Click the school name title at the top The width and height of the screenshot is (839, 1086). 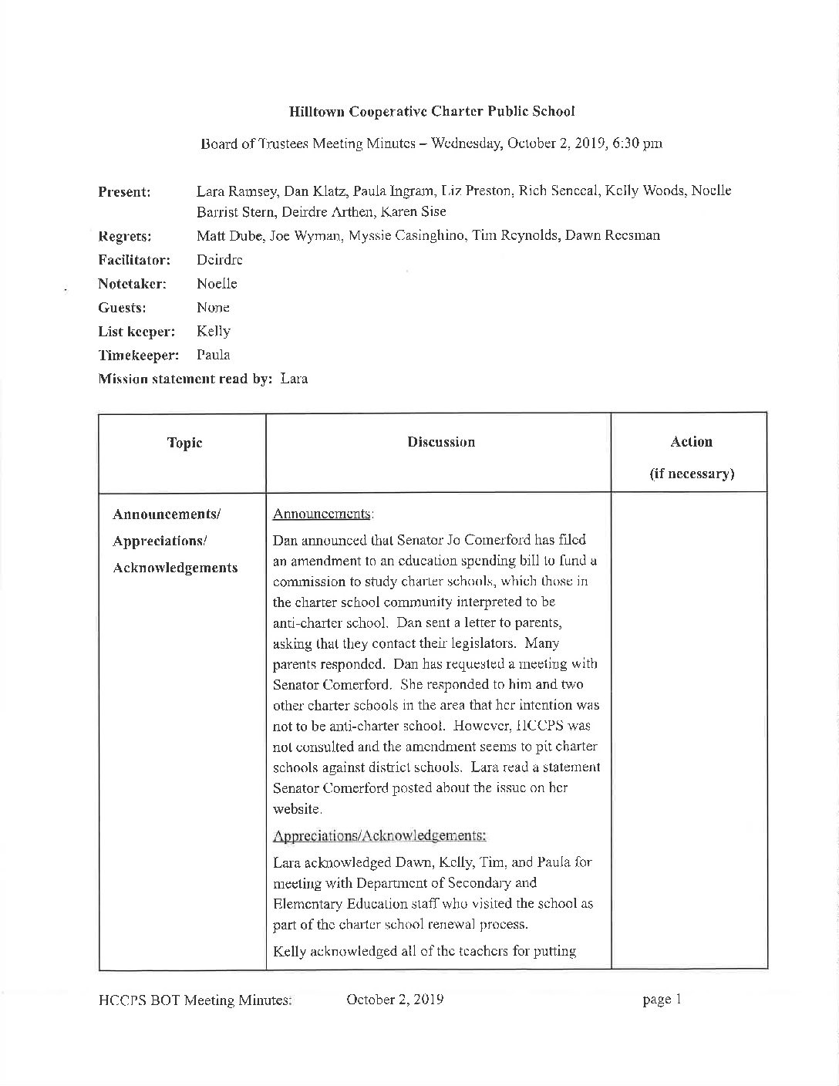point(431,111)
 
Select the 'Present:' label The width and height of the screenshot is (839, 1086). point(124,192)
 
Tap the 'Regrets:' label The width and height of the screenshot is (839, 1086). point(125,236)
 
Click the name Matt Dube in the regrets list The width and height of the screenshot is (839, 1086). point(227,236)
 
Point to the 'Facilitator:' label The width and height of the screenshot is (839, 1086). point(134,260)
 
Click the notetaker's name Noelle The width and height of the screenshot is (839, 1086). point(217,284)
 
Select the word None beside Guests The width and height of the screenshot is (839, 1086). point(213,308)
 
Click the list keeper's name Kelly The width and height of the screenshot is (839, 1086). point(214,332)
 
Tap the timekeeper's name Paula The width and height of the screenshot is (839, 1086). point(214,356)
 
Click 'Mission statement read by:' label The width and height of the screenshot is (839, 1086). point(186,379)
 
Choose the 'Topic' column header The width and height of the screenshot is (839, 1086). point(184,443)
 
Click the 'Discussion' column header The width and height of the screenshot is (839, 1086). point(441,442)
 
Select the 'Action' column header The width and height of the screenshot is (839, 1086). point(691,442)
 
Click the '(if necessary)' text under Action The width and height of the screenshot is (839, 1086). point(691,474)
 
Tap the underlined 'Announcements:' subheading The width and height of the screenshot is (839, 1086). point(324,514)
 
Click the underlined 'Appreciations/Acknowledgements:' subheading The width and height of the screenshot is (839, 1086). point(379,835)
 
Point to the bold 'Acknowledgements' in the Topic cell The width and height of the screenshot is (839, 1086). point(175,568)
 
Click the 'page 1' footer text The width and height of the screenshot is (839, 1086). point(662,1000)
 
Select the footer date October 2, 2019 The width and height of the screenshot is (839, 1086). point(395,1000)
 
